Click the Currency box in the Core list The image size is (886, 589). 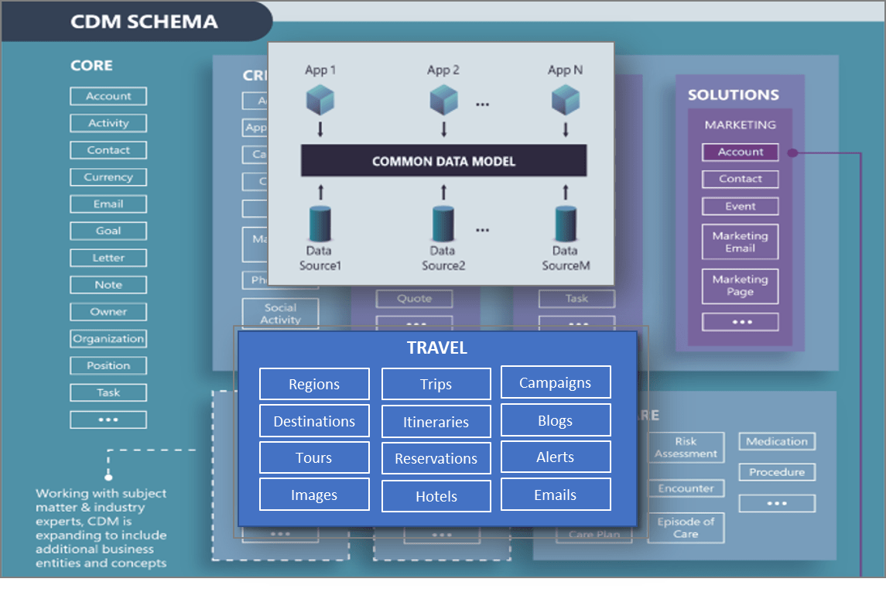tap(108, 177)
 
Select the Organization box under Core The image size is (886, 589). tap(108, 339)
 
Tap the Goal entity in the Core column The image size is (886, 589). tap(108, 231)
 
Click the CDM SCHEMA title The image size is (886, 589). tap(144, 21)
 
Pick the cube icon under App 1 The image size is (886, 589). tap(320, 100)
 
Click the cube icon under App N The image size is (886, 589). tap(565, 100)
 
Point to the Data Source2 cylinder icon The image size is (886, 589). tap(443, 224)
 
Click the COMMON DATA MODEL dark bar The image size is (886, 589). tap(443, 161)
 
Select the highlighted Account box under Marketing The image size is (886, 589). tap(740, 152)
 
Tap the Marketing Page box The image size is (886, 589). tap(740, 286)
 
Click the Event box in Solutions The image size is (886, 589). tap(740, 207)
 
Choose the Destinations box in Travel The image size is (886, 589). tap(314, 422)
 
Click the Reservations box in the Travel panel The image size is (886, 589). tap(436, 459)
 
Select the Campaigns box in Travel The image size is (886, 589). tap(556, 383)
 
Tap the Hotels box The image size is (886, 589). tap(436, 497)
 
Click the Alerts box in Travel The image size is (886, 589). tap(556, 457)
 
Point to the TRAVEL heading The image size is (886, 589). tap(437, 348)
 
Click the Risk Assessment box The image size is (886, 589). tap(686, 448)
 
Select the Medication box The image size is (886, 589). tap(777, 442)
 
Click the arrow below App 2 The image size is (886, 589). tap(443, 128)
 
